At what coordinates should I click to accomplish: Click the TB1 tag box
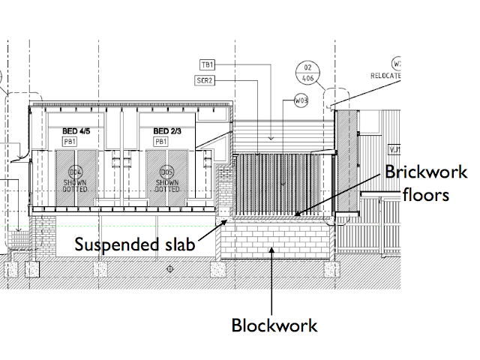pyautogui.click(x=208, y=66)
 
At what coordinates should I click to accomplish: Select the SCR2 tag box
pyautogui.click(x=206, y=80)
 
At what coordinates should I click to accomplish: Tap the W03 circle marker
pyautogui.click(x=301, y=100)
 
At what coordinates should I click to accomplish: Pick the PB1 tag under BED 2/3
pyautogui.click(x=160, y=141)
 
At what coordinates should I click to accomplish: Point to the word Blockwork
pyautogui.click(x=274, y=325)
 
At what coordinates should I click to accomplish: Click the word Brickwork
pyautogui.click(x=425, y=172)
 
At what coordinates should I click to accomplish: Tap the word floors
pyautogui.click(x=425, y=194)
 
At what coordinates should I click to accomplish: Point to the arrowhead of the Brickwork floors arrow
pyautogui.click(x=297, y=216)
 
